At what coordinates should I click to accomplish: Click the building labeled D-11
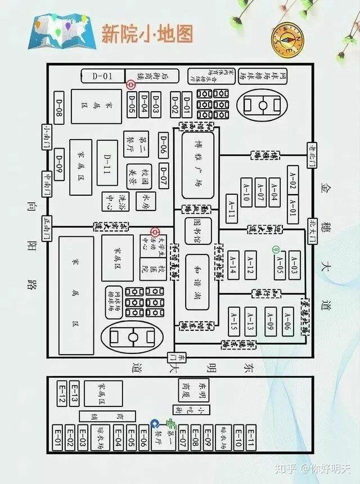(x=107, y=160)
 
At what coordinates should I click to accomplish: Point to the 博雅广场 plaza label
(x=199, y=163)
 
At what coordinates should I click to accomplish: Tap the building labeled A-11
(x=231, y=209)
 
